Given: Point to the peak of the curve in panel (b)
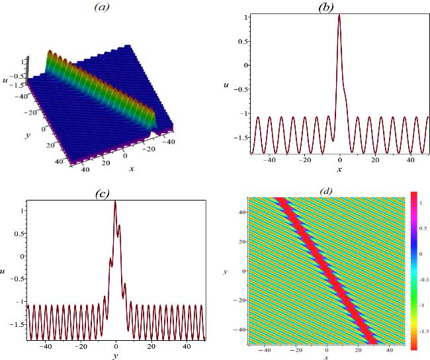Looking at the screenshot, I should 339,15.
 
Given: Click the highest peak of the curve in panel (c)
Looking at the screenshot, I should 116,202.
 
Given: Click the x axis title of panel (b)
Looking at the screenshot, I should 339,169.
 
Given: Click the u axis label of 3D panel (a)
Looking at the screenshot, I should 5,80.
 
